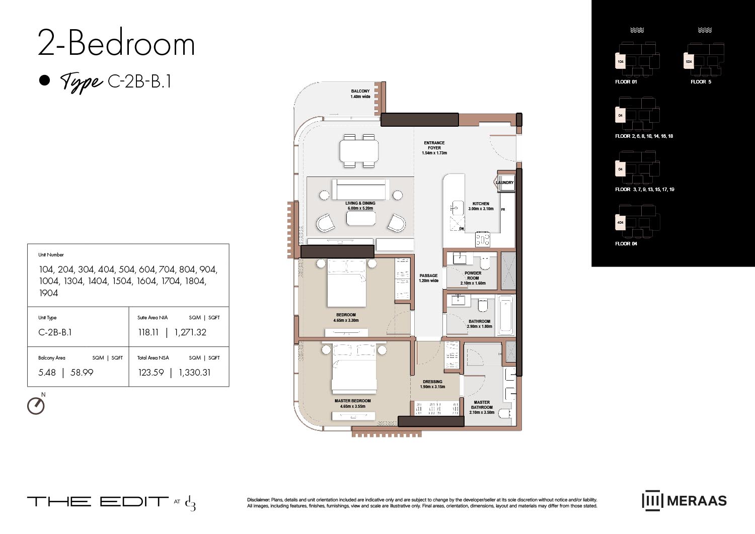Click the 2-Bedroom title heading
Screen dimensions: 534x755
[x=116, y=44]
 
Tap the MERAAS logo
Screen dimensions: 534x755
[x=684, y=500]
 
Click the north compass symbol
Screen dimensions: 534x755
[x=36, y=405]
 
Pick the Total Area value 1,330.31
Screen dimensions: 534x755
[x=195, y=373]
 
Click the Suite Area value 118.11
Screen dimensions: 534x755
[x=148, y=332]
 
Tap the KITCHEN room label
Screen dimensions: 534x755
[x=481, y=204]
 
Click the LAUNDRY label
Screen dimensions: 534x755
[x=505, y=183]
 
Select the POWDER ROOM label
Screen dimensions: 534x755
[x=473, y=276]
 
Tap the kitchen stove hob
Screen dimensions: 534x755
[x=483, y=240]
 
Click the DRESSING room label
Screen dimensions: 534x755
[x=432, y=382]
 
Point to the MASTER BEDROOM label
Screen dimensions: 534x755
[x=352, y=401]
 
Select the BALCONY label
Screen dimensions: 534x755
[x=360, y=92]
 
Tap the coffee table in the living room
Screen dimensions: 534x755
[x=361, y=218]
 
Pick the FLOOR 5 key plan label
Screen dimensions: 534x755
[x=701, y=81]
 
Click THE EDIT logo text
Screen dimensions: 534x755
[x=98, y=501]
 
